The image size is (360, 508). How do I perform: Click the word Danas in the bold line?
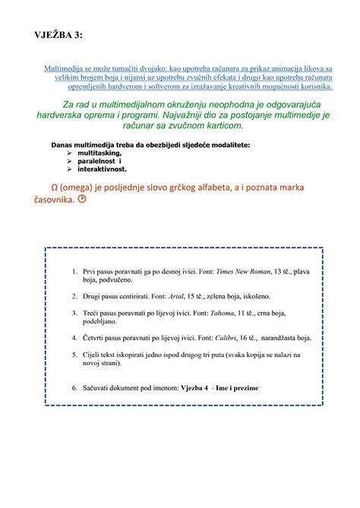click(x=62, y=144)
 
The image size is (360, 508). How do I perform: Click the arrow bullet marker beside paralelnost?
click(x=71, y=161)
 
